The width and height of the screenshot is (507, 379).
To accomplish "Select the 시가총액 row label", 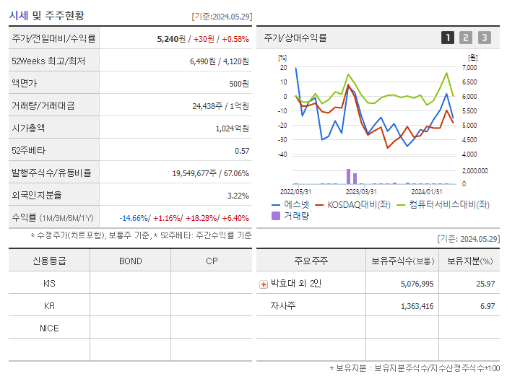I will [28, 128].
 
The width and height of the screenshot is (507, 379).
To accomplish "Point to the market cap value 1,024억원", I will [232, 128].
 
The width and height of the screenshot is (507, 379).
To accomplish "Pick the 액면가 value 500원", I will [238, 84].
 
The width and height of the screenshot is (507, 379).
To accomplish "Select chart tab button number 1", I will [448, 38].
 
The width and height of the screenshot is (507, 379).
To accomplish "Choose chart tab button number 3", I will [484, 38].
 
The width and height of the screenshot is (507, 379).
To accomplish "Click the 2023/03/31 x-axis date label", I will [361, 191].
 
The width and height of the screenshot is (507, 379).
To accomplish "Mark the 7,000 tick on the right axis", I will [469, 67].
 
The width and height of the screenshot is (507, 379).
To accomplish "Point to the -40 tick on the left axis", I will [282, 154].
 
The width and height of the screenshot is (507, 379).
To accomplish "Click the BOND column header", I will [130, 261].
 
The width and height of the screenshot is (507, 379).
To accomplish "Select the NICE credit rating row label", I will [49, 328].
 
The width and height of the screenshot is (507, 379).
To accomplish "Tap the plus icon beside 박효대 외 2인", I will [264, 284].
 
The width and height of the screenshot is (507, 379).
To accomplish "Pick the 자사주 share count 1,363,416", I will [417, 306].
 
